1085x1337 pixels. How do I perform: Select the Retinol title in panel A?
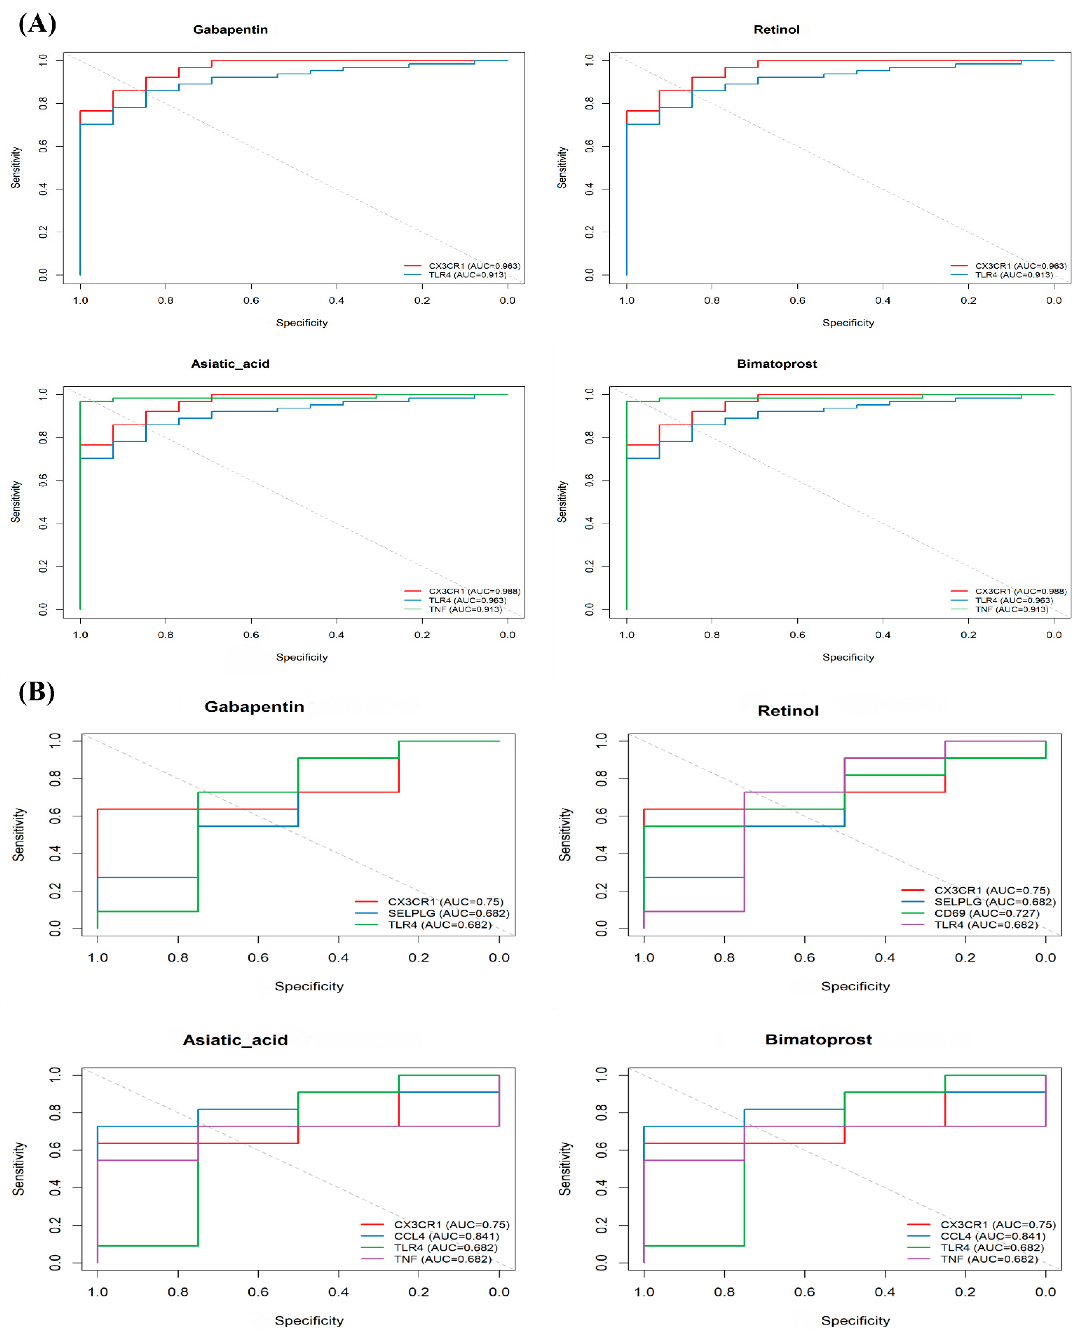pos(776,29)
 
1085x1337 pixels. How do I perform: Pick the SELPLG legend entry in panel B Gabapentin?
pos(448,913)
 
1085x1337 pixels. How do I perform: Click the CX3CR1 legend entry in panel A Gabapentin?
pos(474,266)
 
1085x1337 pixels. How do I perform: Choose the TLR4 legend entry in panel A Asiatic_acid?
pos(467,600)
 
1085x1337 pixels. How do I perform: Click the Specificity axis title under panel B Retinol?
pos(855,986)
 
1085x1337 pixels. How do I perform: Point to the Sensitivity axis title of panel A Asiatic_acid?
pos(16,502)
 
